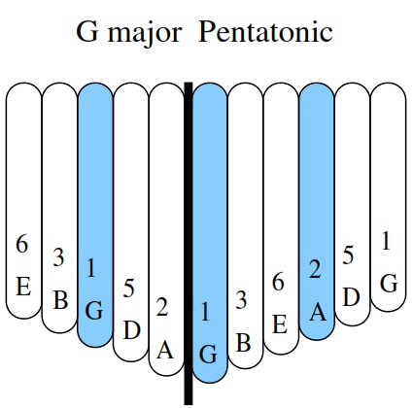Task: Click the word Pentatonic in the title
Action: click(x=265, y=32)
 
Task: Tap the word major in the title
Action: click(x=145, y=34)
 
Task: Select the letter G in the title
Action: click(x=87, y=32)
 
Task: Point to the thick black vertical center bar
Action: click(x=189, y=243)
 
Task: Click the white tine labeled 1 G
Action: click(x=388, y=197)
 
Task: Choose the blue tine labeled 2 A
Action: click(x=317, y=211)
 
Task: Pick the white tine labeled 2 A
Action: click(x=166, y=229)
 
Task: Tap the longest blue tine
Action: click(x=210, y=233)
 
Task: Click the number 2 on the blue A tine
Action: click(x=315, y=269)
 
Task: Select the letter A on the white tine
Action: click(x=165, y=350)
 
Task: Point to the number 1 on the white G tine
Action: click(x=386, y=241)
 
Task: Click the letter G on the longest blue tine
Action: click(x=208, y=355)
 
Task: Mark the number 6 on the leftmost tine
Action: click(x=22, y=244)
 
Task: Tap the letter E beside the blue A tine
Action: click(x=280, y=324)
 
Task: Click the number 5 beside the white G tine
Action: click(x=348, y=255)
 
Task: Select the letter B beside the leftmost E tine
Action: click(x=60, y=300)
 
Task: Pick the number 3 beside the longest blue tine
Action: click(x=241, y=300)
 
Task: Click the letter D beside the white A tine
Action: click(x=132, y=330)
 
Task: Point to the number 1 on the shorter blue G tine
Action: click(x=91, y=268)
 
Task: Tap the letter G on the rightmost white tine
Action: click(x=389, y=284)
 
